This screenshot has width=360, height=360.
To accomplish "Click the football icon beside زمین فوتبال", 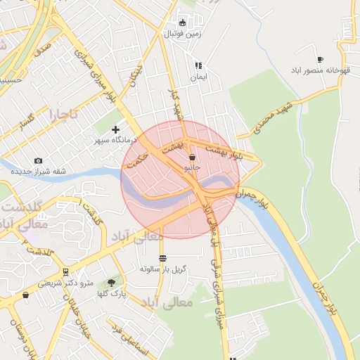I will [x=183, y=22].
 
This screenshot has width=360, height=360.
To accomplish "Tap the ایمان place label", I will [x=199, y=76].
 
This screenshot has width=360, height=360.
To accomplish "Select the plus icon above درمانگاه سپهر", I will [x=115, y=129].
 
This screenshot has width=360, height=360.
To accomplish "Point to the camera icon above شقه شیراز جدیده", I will [x=38, y=161].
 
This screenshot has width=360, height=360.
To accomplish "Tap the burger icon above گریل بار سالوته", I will [x=163, y=257].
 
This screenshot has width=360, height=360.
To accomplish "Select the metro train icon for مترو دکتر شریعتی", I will [x=65, y=271].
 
